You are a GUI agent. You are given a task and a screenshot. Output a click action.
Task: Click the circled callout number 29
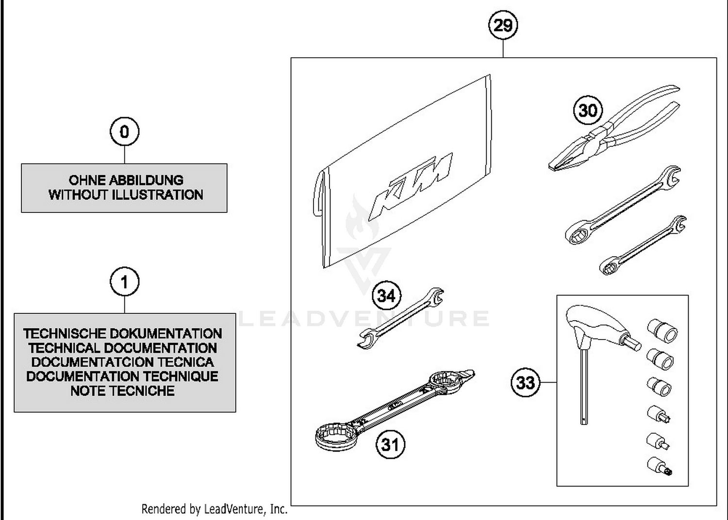click(x=503, y=25)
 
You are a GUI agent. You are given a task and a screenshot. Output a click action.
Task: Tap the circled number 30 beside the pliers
click(x=588, y=110)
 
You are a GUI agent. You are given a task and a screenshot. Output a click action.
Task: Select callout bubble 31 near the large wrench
click(x=390, y=444)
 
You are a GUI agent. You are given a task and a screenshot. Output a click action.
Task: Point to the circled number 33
click(x=526, y=382)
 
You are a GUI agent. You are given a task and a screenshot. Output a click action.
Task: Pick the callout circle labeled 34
click(x=386, y=295)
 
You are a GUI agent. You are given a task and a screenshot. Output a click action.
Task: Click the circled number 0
click(x=124, y=131)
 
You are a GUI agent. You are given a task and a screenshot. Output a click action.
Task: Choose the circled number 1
click(x=124, y=282)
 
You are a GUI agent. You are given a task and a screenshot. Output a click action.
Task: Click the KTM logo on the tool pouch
click(x=410, y=185)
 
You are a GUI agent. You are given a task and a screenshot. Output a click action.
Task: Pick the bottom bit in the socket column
click(x=660, y=466)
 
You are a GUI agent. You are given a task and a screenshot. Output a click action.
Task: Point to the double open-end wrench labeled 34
click(x=400, y=319)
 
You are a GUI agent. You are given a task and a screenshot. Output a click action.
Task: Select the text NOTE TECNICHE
click(x=122, y=391)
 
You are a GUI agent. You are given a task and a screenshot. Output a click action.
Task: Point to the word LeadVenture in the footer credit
click(x=234, y=509)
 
